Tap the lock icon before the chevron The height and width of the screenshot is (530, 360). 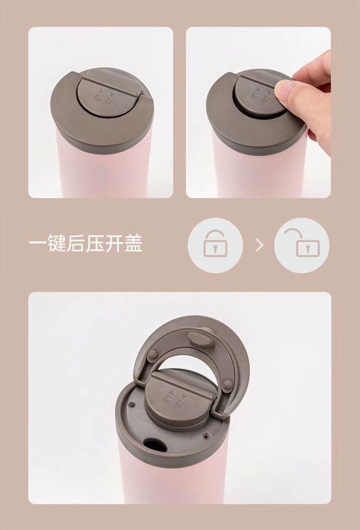pos(215,245)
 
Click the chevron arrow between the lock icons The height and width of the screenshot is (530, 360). pos(260,246)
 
